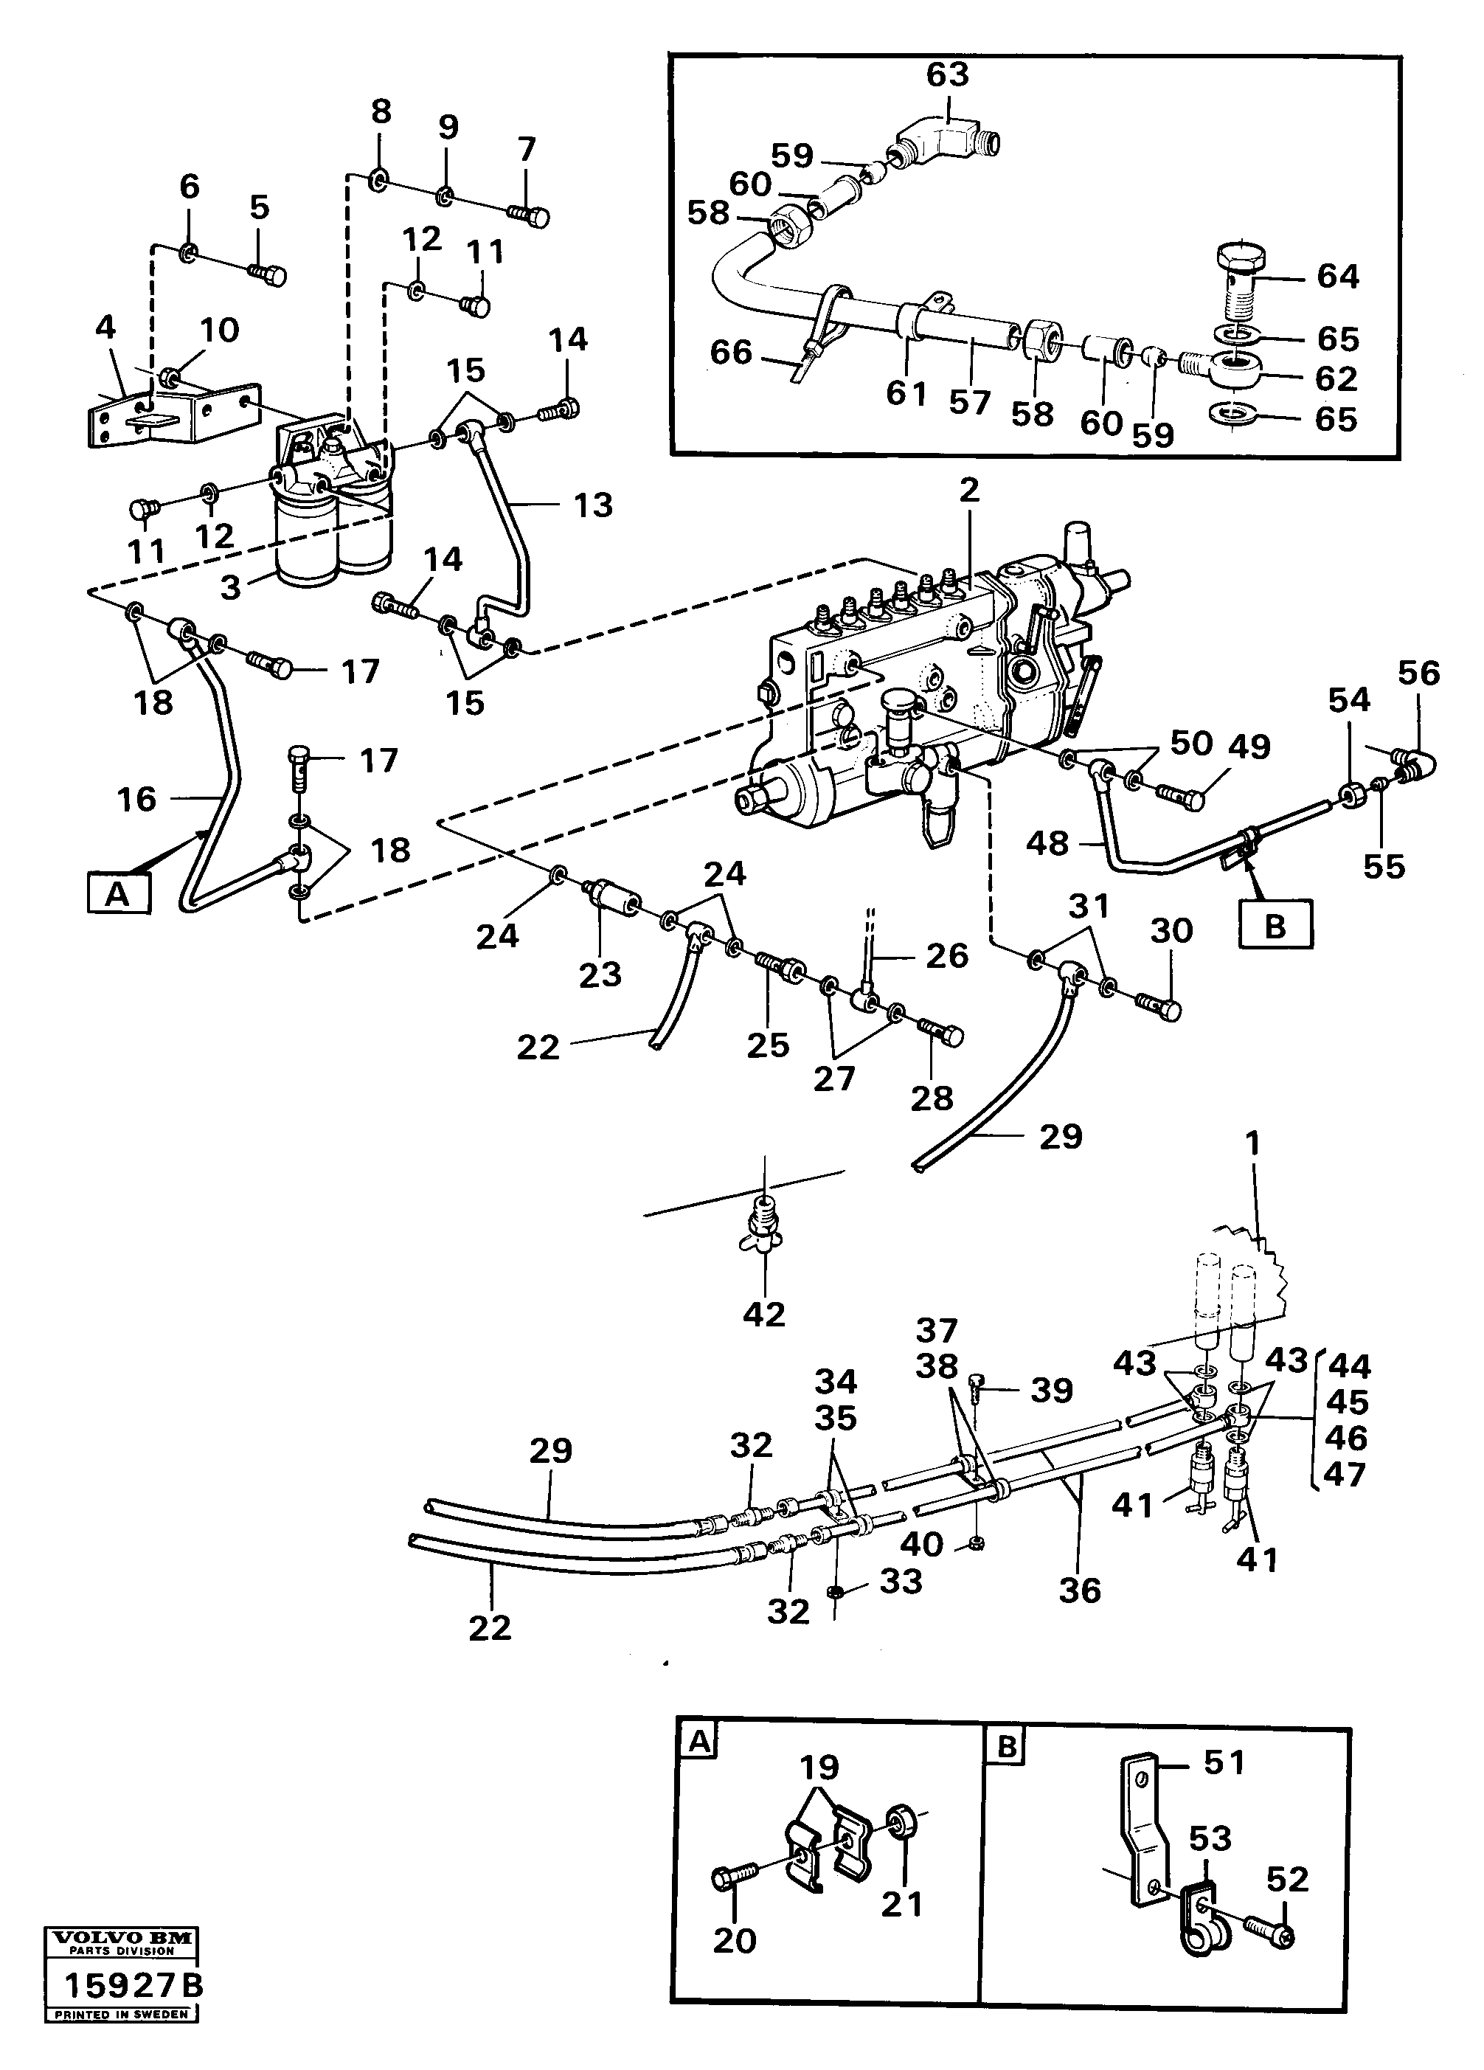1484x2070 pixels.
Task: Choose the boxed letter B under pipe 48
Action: [x=1275, y=926]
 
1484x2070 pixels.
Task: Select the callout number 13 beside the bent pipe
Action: [x=592, y=505]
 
